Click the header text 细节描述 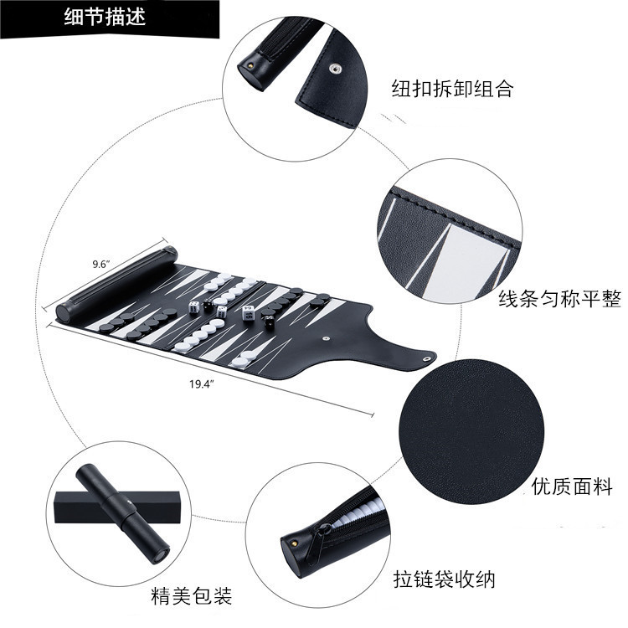coord(105,17)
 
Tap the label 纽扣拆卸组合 coord(452,88)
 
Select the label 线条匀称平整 coord(559,299)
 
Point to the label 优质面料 coord(572,486)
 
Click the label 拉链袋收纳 coord(445,579)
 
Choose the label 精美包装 coord(192,595)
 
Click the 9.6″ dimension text coord(101,265)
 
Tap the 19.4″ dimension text coord(202,384)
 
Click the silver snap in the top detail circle coord(336,69)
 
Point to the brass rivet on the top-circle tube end coord(250,64)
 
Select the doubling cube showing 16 coord(248,313)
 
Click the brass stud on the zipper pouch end coord(295,543)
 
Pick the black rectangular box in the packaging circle coord(121,507)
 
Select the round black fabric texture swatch coord(471,431)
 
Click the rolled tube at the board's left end coord(116,283)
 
